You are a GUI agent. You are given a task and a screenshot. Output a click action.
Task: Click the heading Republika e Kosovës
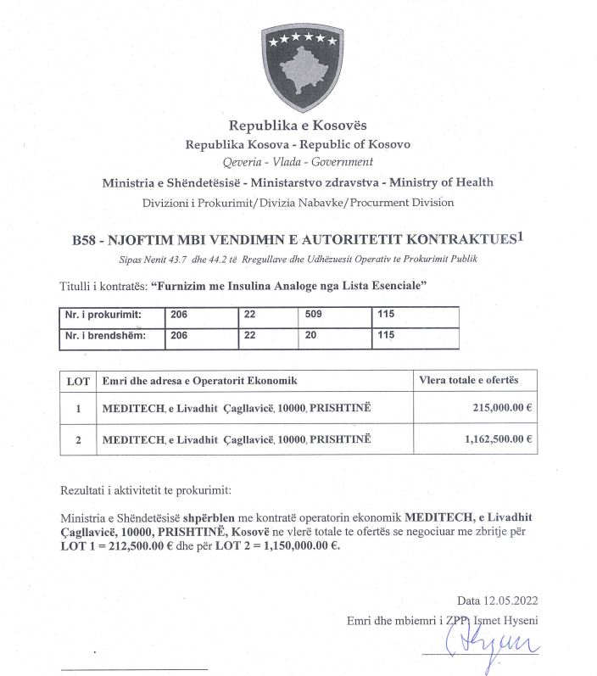tap(298, 126)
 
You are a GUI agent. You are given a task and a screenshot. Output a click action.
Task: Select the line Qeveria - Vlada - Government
tap(298, 162)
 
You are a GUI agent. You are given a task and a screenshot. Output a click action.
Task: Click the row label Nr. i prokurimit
tap(102, 315)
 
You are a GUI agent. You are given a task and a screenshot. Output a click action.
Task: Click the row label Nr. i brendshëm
tap(103, 335)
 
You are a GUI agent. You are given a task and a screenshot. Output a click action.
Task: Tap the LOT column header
tap(78, 381)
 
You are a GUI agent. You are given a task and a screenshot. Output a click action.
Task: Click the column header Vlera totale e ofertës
tap(468, 381)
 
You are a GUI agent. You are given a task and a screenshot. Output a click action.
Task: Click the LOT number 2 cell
tap(78, 439)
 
